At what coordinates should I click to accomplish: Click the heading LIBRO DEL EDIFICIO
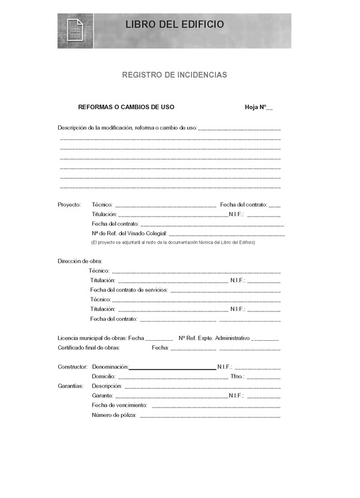pyautogui.click(x=175, y=25)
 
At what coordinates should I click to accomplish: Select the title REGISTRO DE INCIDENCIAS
pyautogui.click(x=175, y=75)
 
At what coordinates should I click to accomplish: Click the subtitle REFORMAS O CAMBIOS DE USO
pyautogui.click(x=126, y=107)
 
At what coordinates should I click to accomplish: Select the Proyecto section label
pyautogui.click(x=69, y=205)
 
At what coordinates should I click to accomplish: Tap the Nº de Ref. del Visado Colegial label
pyautogui.click(x=129, y=233)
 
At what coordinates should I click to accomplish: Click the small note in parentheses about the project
pyautogui.click(x=173, y=242)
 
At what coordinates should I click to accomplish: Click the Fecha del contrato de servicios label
pyautogui.click(x=129, y=290)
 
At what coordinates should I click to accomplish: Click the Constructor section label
pyautogui.click(x=73, y=366)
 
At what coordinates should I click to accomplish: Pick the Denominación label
pyautogui.click(x=110, y=366)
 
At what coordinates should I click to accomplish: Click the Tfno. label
pyautogui.click(x=237, y=376)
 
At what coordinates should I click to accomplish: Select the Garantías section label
pyautogui.click(x=70, y=386)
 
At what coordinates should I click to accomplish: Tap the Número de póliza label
pyautogui.click(x=114, y=415)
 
